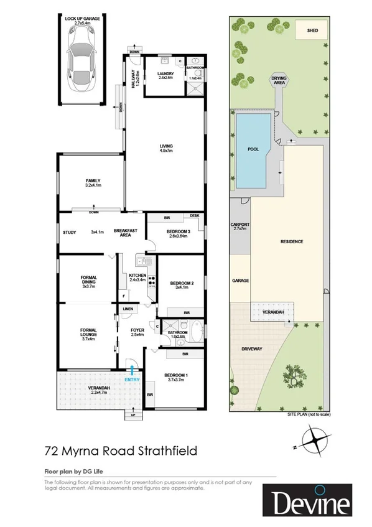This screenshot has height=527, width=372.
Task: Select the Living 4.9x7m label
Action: point(165,148)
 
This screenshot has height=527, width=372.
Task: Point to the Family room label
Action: point(93,182)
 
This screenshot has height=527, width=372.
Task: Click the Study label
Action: point(69,233)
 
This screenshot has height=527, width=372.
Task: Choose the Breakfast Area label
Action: point(124,233)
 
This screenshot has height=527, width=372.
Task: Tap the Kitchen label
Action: point(137,277)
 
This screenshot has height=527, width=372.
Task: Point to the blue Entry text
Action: point(132,380)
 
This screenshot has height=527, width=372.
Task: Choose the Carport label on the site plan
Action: point(240,226)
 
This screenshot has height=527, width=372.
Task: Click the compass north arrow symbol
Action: point(317,443)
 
